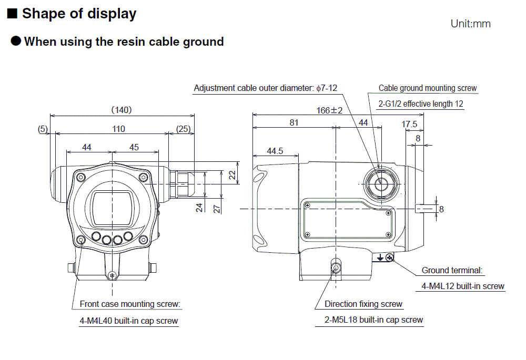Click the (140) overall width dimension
pyautogui.click(x=122, y=110)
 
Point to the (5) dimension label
pyautogui.click(x=43, y=129)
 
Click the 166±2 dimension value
pyautogui.click(x=329, y=110)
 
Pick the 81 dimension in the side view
pyautogui.click(x=294, y=122)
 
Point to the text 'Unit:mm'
pyautogui.click(x=470, y=24)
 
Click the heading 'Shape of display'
pyautogui.click(x=79, y=14)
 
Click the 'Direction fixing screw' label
pyautogui.click(x=363, y=304)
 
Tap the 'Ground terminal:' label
pyautogui.click(x=452, y=271)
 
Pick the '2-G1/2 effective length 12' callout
pyautogui.click(x=421, y=104)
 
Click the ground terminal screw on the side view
pyautogui.click(x=389, y=257)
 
